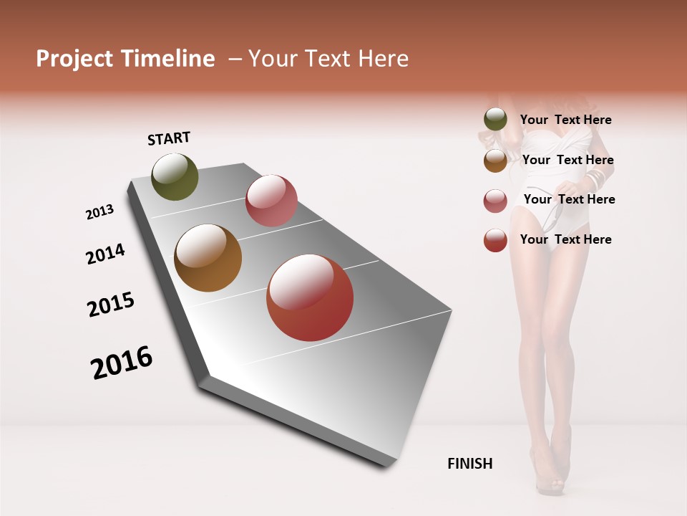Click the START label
point(169,138)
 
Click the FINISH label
point(469,464)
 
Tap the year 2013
point(99,212)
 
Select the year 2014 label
point(105,254)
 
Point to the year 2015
point(111,305)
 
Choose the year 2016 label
point(122,363)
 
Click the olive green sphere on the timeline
point(175,177)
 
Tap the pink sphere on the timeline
point(271,201)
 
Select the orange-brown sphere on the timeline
point(208,258)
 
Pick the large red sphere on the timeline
point(310,298)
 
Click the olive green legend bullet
point(495,120)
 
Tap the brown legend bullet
point(495,161)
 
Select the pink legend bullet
point(495,201)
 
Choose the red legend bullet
point(495,240)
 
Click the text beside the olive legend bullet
point(565,120)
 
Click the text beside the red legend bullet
point(565,239)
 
